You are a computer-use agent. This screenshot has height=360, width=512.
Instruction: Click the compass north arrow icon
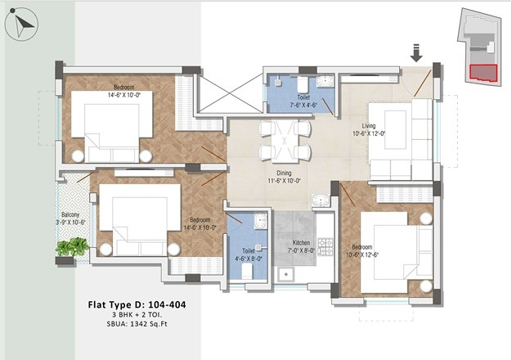tap(21, 25)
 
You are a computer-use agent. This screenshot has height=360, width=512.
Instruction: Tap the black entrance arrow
tap(416, 53)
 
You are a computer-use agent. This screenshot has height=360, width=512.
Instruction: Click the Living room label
tap(369, 126)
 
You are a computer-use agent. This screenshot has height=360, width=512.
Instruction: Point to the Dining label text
tap(284, 173)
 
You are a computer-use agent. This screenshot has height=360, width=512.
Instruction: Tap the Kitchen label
tap(301, 243)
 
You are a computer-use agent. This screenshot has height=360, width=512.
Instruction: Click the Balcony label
tap(70, 214)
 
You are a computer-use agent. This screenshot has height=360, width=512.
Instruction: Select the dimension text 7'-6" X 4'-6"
tap(303, 106)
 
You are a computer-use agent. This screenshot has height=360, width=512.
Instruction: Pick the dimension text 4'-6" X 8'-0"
tap(249, 259)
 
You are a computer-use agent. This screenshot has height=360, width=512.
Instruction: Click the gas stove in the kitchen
tap(326, 246)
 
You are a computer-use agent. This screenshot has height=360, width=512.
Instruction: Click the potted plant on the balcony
tap(72, 247)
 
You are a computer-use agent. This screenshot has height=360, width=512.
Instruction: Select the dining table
tap(285, 142)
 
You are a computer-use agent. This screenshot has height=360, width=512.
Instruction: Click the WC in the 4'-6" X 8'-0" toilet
tap(247, 271)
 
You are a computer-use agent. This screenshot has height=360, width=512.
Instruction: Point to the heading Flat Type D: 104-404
tap(137, 305)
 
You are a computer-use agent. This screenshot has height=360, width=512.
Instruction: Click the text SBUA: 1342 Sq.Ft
tap(137, 324)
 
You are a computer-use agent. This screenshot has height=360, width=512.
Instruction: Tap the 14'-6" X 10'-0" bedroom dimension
tap(124, 95)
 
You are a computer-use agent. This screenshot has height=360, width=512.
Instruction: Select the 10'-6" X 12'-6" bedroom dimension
tap(362, 254)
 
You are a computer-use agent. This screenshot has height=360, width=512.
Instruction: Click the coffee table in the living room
tap(395, 130)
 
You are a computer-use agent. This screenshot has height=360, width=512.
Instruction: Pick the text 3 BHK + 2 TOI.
tap(137, 315)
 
